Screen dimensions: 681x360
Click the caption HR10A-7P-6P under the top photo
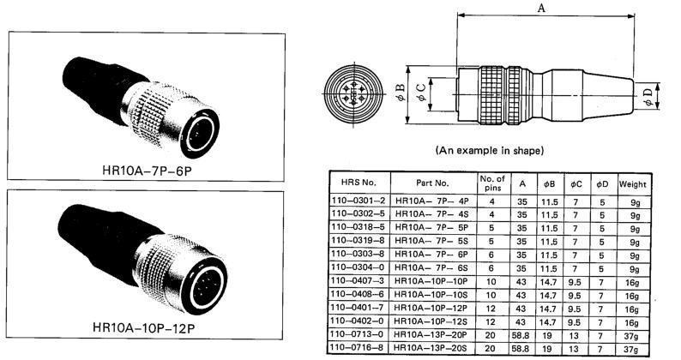tap(147, 171)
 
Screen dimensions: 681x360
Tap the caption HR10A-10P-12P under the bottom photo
tap(144, 327)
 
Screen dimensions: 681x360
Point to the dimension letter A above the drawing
tap(541, 8)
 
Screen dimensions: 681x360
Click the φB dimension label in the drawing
tap(401, 93)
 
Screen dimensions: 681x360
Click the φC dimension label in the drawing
tap(421, 93)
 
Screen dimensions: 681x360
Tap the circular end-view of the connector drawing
tap(353, 93)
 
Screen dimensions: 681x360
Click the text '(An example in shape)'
tap(490, 151)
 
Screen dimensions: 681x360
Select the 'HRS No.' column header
tap(359, 183)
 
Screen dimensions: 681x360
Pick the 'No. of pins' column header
tap(492, 183)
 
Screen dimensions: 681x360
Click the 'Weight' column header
tap(633, 184)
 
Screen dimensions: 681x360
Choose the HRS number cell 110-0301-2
tap(359, 201)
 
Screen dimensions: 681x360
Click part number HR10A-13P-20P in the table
tap(431, 334)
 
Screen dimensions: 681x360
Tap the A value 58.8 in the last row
tap(521, 348)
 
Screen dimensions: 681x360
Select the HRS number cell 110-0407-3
tap(358, 281)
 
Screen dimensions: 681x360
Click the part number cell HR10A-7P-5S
tap(431, 241)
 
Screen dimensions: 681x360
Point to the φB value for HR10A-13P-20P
tap(547, 335)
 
